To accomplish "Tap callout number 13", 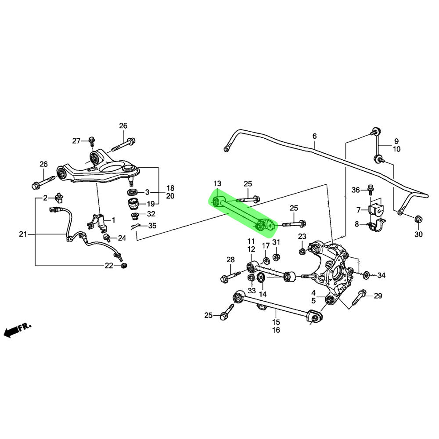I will point(218,183).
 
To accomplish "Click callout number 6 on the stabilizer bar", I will point(314,137).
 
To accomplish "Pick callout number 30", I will point(418,234).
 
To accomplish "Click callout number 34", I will point(381,276).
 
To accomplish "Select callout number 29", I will point(378,296).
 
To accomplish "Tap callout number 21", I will point(23,234).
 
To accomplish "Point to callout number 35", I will point(152,226).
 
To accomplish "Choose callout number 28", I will point(231,260).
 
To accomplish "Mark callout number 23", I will point(302,237).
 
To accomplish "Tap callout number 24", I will point(122,238).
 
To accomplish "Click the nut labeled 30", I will point(418,218).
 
